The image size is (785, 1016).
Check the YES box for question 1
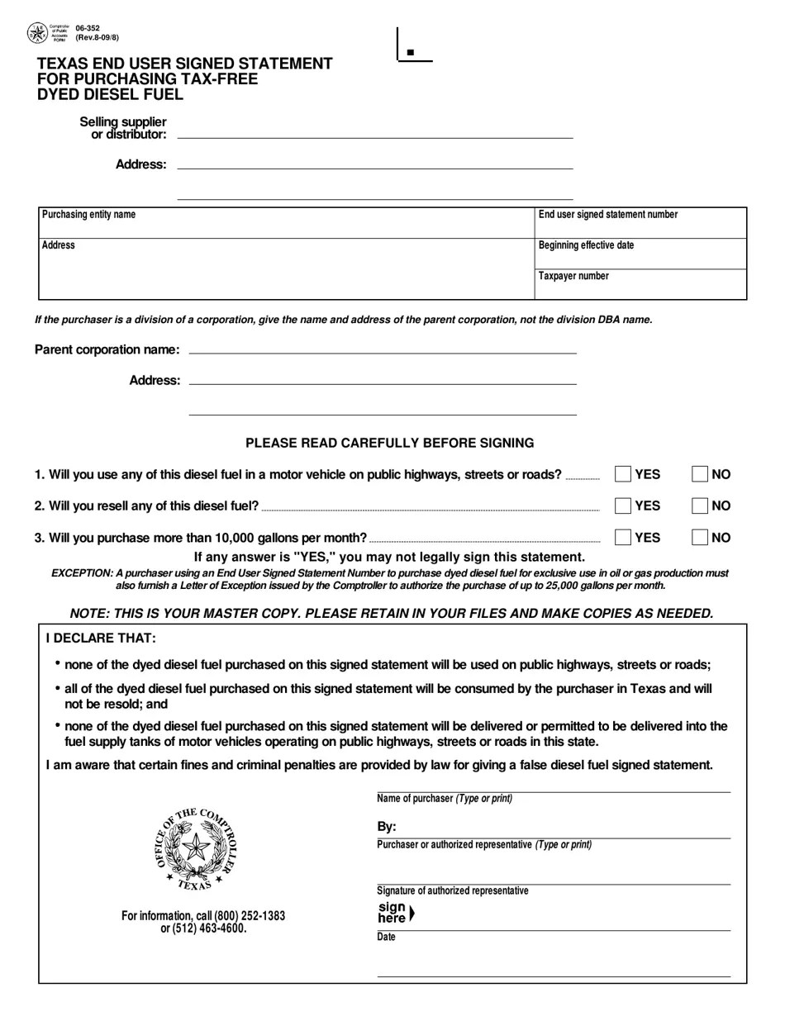tap(623, 474)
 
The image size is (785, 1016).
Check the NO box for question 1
tap(700, 474)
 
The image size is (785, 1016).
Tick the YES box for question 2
tap(623, 506)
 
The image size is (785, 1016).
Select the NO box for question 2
tap(700, 506)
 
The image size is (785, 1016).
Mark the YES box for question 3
tap(623, 538)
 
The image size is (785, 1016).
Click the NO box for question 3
tap(700, 538)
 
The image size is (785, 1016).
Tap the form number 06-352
tap(87, 28)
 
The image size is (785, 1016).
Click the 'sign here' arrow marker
tap(412, 914)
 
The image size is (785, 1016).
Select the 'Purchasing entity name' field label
tap(88, 215)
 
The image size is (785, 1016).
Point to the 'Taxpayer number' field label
tap(573, 276)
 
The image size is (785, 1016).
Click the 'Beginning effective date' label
tap(586, 245)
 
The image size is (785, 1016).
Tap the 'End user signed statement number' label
tap(607, 215)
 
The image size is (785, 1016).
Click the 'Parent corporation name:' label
tap(107, 349)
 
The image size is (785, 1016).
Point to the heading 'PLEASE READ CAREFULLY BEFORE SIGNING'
tap(389, 444)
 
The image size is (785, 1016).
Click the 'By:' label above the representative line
tap(387, 827)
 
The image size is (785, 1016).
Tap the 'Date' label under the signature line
tap(386, 938)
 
